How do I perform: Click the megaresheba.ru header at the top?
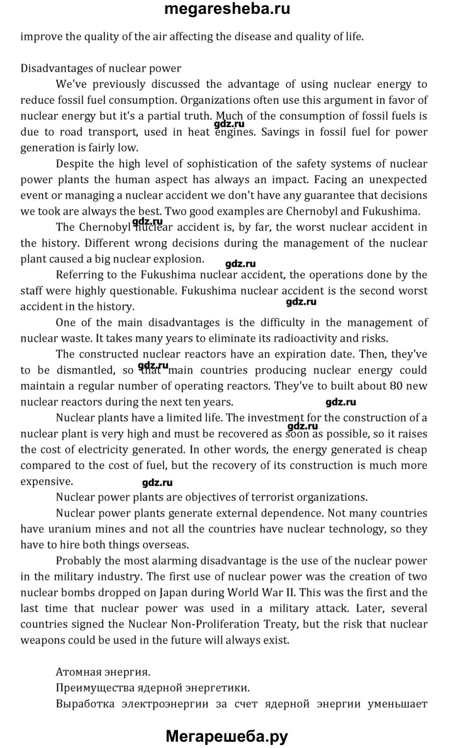[x=226, y=9]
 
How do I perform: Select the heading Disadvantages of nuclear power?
[x=101, y=68]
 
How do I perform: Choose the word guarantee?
[x=302, y=195]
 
